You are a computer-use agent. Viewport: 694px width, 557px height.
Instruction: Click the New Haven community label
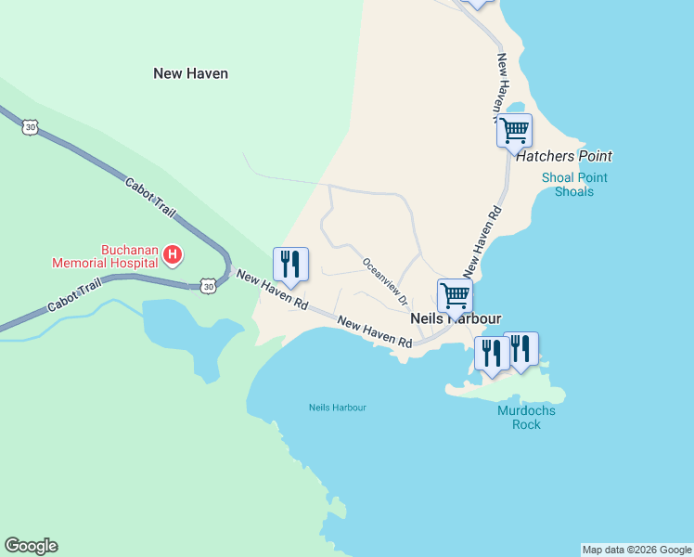click(x=190, y=73)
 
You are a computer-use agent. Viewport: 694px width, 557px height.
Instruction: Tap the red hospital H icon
click(x=172, y=254)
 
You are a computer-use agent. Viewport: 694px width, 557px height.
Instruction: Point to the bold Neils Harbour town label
click(x=456, y=317)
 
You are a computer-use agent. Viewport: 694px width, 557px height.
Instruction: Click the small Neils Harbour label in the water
click(x=337, y=408)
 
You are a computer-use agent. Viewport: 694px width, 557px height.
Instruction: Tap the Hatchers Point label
click(x=564, y=156)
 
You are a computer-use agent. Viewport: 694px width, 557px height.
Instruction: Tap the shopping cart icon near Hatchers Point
click(x=513, y=131)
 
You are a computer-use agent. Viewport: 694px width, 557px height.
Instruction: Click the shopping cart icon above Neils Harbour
click(x=455, y=296)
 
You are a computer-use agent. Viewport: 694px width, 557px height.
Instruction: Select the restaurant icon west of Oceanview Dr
click(x=290, y=265)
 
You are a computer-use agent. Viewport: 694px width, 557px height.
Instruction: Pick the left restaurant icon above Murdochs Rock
click(x=491, y=354)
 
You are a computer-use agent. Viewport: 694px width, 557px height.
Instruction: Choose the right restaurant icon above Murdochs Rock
click(x=520, y=350)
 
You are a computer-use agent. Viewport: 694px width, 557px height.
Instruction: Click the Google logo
click(x=31, y=546)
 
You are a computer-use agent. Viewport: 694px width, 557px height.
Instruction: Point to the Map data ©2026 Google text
click(x=636, y=550)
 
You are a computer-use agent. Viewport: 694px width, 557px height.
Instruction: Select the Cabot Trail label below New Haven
click(x=149, y=197)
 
